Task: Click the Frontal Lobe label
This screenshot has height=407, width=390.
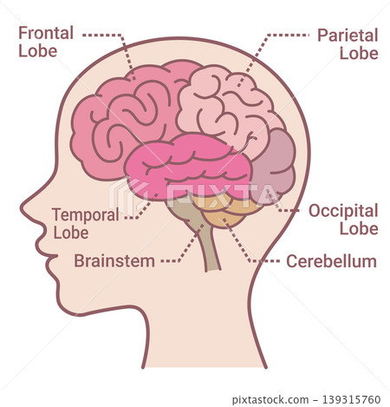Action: [x=46, y=42]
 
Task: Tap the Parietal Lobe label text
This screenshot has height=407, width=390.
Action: [x=348, y=44]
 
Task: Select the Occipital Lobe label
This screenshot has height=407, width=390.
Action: [x=343, y=220]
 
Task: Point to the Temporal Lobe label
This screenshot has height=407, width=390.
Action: [x=86, y=223]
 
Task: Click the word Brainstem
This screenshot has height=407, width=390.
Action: [x=114, y=261]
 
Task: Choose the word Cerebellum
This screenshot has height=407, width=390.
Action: [x=331, y=261]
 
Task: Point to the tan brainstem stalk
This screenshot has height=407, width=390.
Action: [x=206, y=236]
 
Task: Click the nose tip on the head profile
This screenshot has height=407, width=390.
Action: [x=23, y=209]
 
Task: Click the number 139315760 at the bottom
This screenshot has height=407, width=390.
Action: [x=351, y=399]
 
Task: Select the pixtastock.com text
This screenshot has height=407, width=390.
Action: [x=270, y=400]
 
